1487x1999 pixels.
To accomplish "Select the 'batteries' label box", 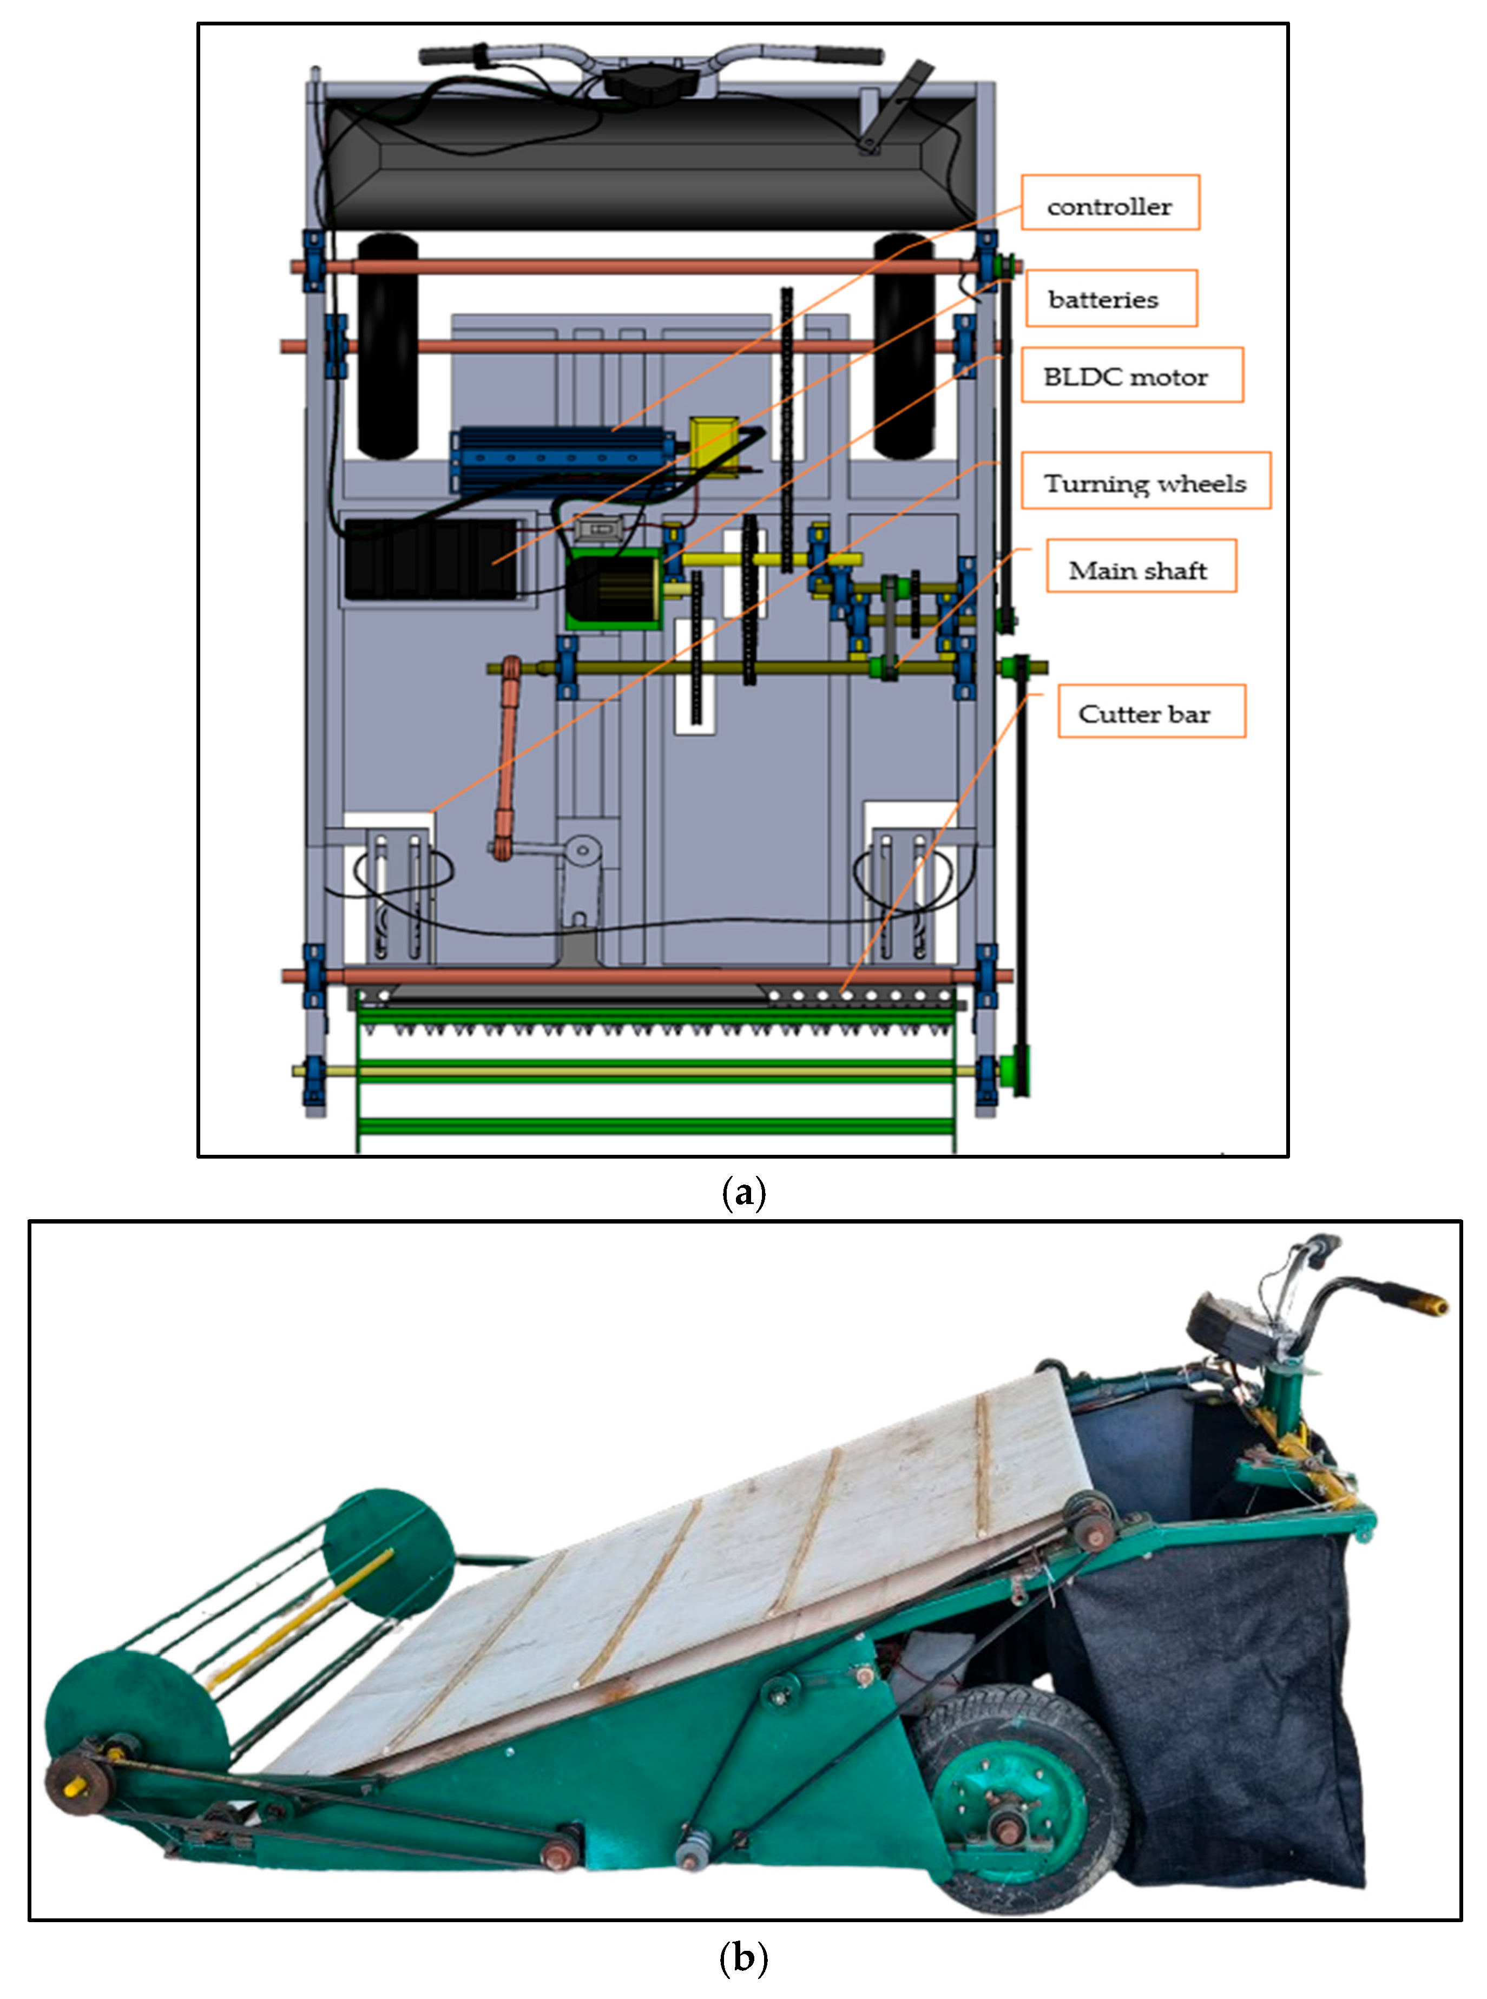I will [x=1111, y=298].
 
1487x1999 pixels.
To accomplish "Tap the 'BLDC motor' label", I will [x=1131, y=376].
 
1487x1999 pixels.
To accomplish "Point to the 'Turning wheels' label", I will [x=1145, y=482].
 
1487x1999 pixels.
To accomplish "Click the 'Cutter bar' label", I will [x=1150, y=712].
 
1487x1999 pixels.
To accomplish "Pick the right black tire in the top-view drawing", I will [x=904, y=346].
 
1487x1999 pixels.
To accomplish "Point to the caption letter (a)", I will [x=743, y=1193].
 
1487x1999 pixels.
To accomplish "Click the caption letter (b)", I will [x=743, y=1957].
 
